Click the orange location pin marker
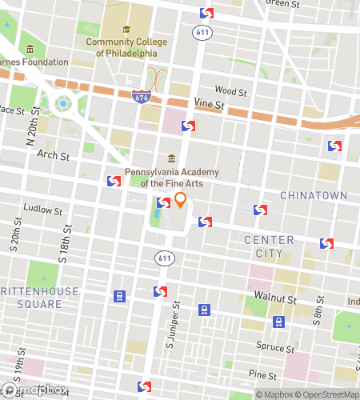[181, 200]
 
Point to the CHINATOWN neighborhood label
[314, 195]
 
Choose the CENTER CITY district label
[269, 246]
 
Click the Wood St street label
[230, 91]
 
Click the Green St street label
[281, 4]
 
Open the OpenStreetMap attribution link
[327, 394]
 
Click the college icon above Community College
[126, 30]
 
